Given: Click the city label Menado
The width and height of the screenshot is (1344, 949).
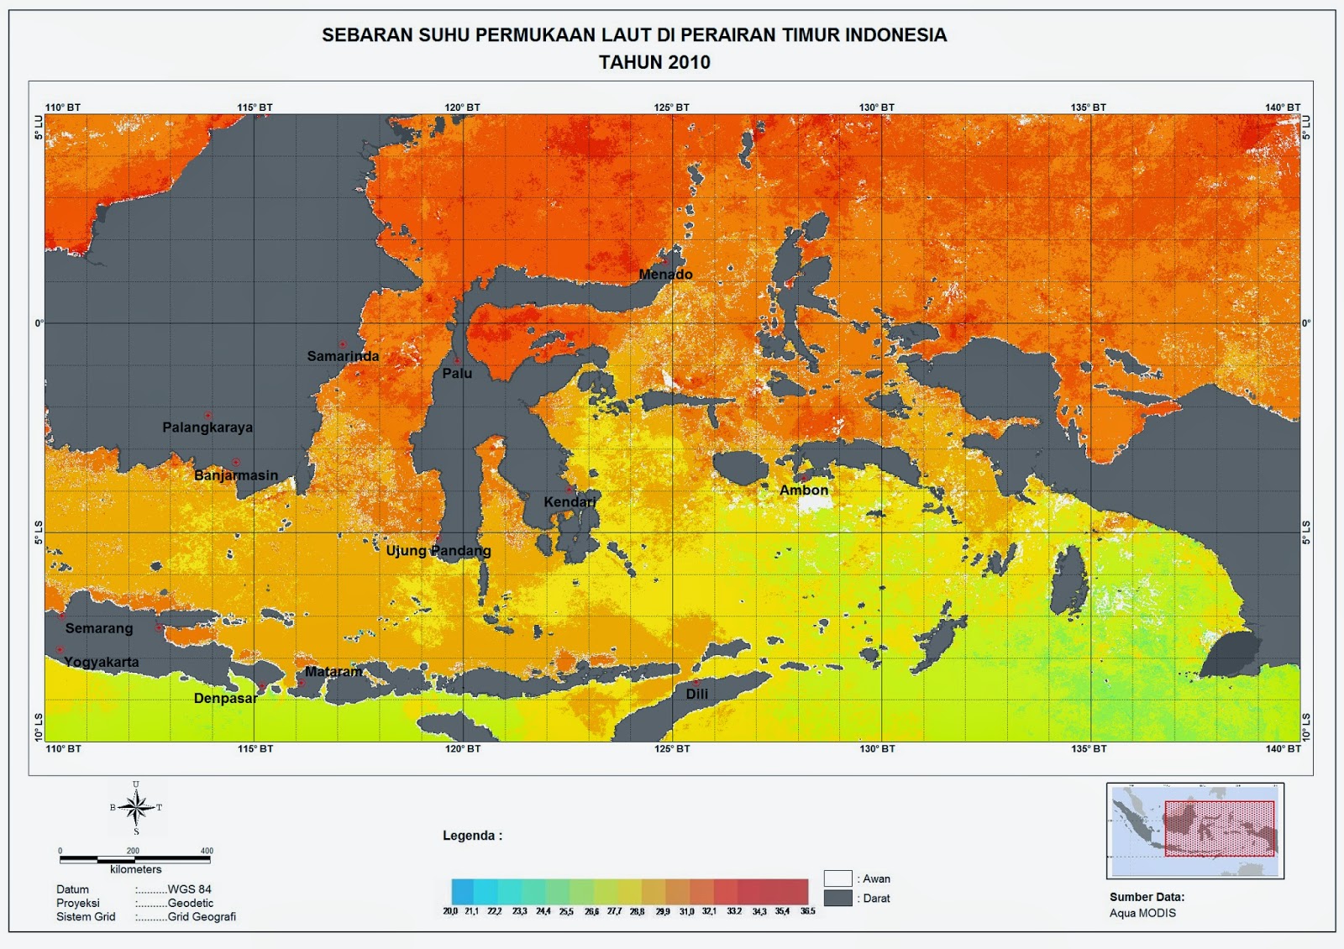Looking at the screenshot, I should coord(665,275).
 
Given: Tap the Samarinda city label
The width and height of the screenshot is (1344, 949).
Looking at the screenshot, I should coord(343,356).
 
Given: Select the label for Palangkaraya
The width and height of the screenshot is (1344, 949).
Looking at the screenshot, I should coord(207,427).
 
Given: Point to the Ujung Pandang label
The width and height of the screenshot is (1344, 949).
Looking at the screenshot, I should coord(438,551).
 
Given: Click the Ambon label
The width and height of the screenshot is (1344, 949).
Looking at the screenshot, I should coord(804,490).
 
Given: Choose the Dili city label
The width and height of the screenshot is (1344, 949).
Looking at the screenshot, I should coord(696,695).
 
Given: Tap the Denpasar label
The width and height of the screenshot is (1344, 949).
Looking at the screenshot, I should coord(225,699).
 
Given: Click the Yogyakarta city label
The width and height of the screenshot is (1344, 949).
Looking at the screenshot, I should coord(102,662).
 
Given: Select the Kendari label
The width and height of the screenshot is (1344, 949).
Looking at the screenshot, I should coord(570,502).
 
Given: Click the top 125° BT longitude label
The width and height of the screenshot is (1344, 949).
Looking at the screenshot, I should coord(671,107).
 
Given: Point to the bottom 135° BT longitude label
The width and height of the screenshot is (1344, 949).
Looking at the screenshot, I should coord(1089,749).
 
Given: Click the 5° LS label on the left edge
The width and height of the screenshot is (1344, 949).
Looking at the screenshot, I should coord(39,532).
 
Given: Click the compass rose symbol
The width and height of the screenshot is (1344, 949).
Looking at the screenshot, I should coord(136,808).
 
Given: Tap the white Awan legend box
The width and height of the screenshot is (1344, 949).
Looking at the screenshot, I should coord(837,878).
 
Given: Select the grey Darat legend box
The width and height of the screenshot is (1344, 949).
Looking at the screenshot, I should coord(837,898).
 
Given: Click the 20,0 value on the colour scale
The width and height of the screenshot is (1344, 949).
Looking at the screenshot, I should coord(451,911).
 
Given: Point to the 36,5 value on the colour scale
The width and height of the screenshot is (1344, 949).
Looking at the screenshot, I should coord(807,911).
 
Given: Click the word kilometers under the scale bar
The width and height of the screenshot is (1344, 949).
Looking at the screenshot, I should coord(135,870).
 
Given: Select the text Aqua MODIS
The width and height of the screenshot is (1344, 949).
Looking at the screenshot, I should coord(1142,913).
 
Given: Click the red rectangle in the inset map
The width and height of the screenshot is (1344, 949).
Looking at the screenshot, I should coord(1219,828).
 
